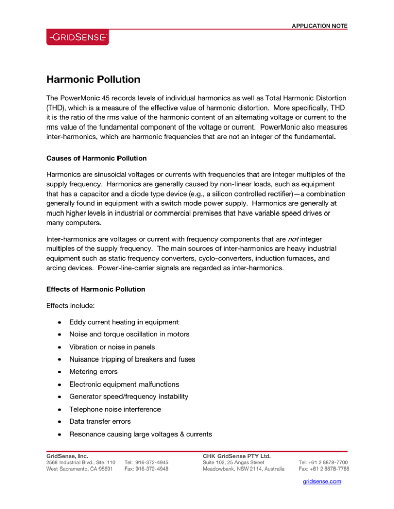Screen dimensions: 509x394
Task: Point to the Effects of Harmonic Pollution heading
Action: tap(95, 289)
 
